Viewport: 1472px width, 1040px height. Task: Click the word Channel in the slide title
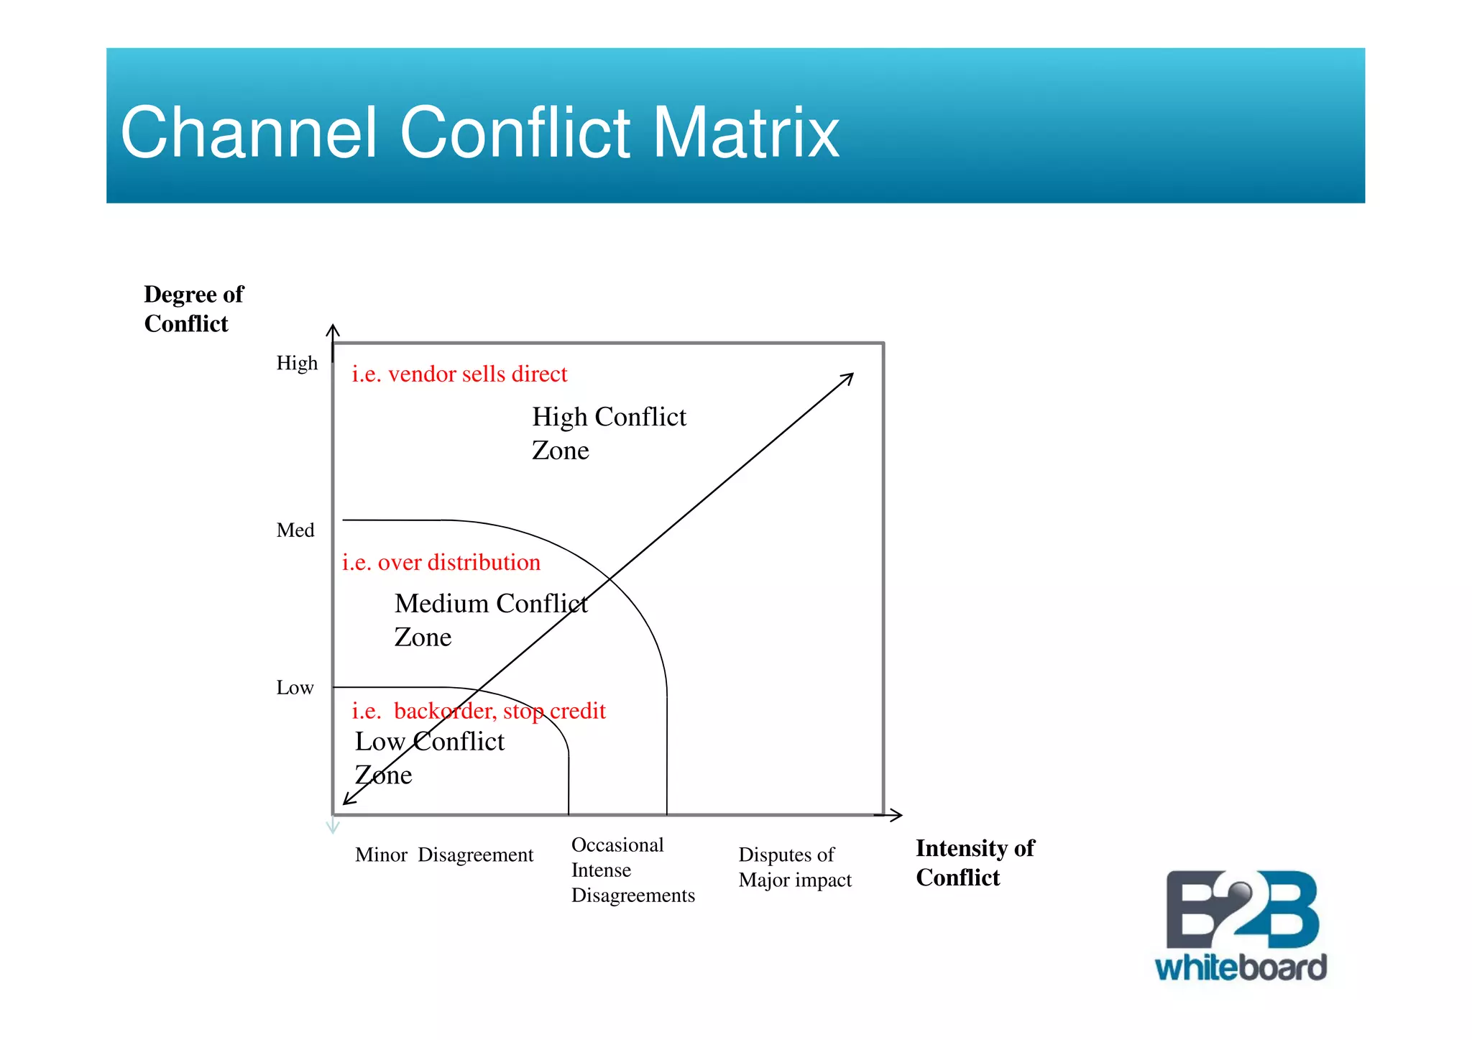pos(249,133)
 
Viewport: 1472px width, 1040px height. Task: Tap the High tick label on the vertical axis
pos(297,363)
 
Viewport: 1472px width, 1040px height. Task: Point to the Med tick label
pos(295,530)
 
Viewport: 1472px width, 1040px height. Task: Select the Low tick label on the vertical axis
pos(295,688)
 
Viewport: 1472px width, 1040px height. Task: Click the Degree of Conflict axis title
pos(193,309)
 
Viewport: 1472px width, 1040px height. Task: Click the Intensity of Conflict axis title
pos(975,862)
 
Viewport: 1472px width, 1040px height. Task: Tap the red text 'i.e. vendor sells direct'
pos(459,374)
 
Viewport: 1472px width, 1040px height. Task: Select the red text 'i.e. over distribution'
pos(441,563)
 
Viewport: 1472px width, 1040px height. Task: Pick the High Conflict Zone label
pos(608,433)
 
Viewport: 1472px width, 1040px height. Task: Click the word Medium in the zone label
pos(441,604)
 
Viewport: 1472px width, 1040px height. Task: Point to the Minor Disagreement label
pos(443,855)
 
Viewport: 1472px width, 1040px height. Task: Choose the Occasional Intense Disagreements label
pos(632,870)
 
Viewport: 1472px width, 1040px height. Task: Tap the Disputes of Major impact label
pos(794,867)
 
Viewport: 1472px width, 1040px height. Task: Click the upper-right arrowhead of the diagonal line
pos(849,377)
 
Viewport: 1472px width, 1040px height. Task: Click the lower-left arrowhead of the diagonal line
pos(348,800)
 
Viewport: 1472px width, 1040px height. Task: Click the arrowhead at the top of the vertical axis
pos(332,330)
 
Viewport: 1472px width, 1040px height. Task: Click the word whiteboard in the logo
pos(1241,967)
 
